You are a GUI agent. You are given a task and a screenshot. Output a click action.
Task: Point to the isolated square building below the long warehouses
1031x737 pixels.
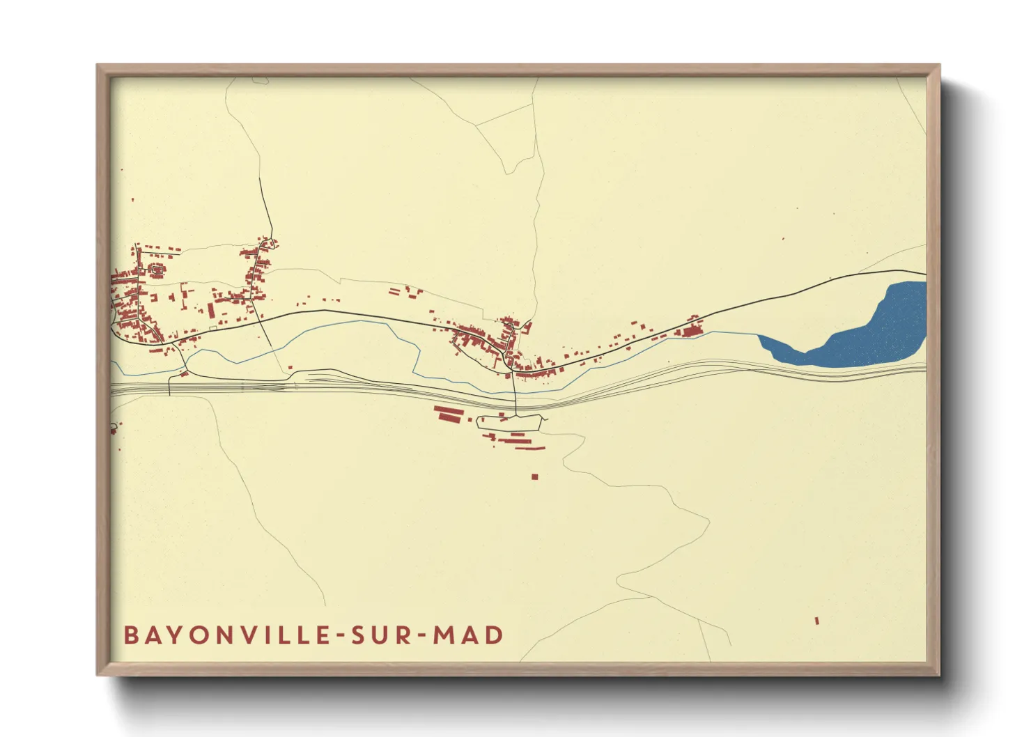(x=534, y=477)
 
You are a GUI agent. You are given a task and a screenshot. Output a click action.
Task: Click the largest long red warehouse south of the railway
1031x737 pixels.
(x=449, y=417)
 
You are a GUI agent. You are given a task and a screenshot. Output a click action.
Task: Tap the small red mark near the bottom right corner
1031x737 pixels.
(x=817, y=620)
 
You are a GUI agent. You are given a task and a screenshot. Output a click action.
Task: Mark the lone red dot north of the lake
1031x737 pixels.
(x=783, y=239)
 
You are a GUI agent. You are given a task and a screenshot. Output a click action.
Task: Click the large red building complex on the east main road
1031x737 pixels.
(x=691, y=330)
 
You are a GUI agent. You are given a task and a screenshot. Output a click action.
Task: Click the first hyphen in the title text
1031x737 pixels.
(x=341, y=636)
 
